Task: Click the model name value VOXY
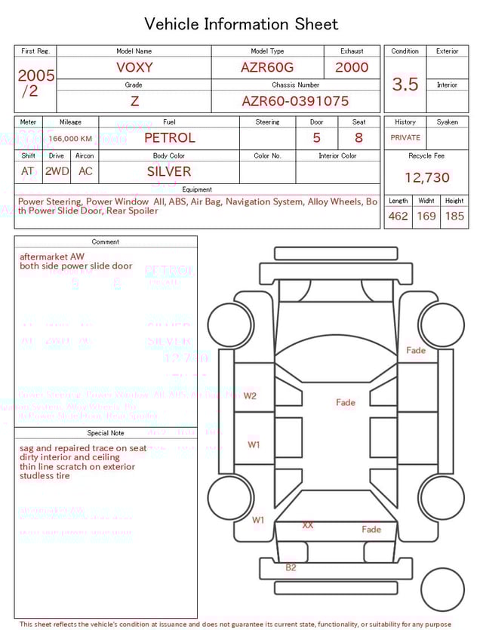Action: point(134,67)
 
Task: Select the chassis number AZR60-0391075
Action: point(295,101)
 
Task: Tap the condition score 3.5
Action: point(405,85)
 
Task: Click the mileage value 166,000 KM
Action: point(70,139)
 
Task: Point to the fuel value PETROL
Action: point(169,138)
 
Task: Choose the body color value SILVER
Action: point(169,171)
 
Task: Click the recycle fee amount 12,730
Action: point(426,178)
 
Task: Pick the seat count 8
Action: point(358,138)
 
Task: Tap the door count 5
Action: point(316,138)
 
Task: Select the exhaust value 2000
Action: point(352,67)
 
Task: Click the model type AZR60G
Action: point(267,67)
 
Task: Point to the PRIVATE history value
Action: point(405,138)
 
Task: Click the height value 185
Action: point(454,216)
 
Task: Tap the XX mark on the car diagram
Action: point(308,524)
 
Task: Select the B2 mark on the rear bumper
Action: point(291,567)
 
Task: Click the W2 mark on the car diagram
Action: point(250,395)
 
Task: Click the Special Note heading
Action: point(106,433)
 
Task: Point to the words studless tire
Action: point(45,476)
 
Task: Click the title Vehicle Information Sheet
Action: point(241,24)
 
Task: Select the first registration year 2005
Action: point(36,75)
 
